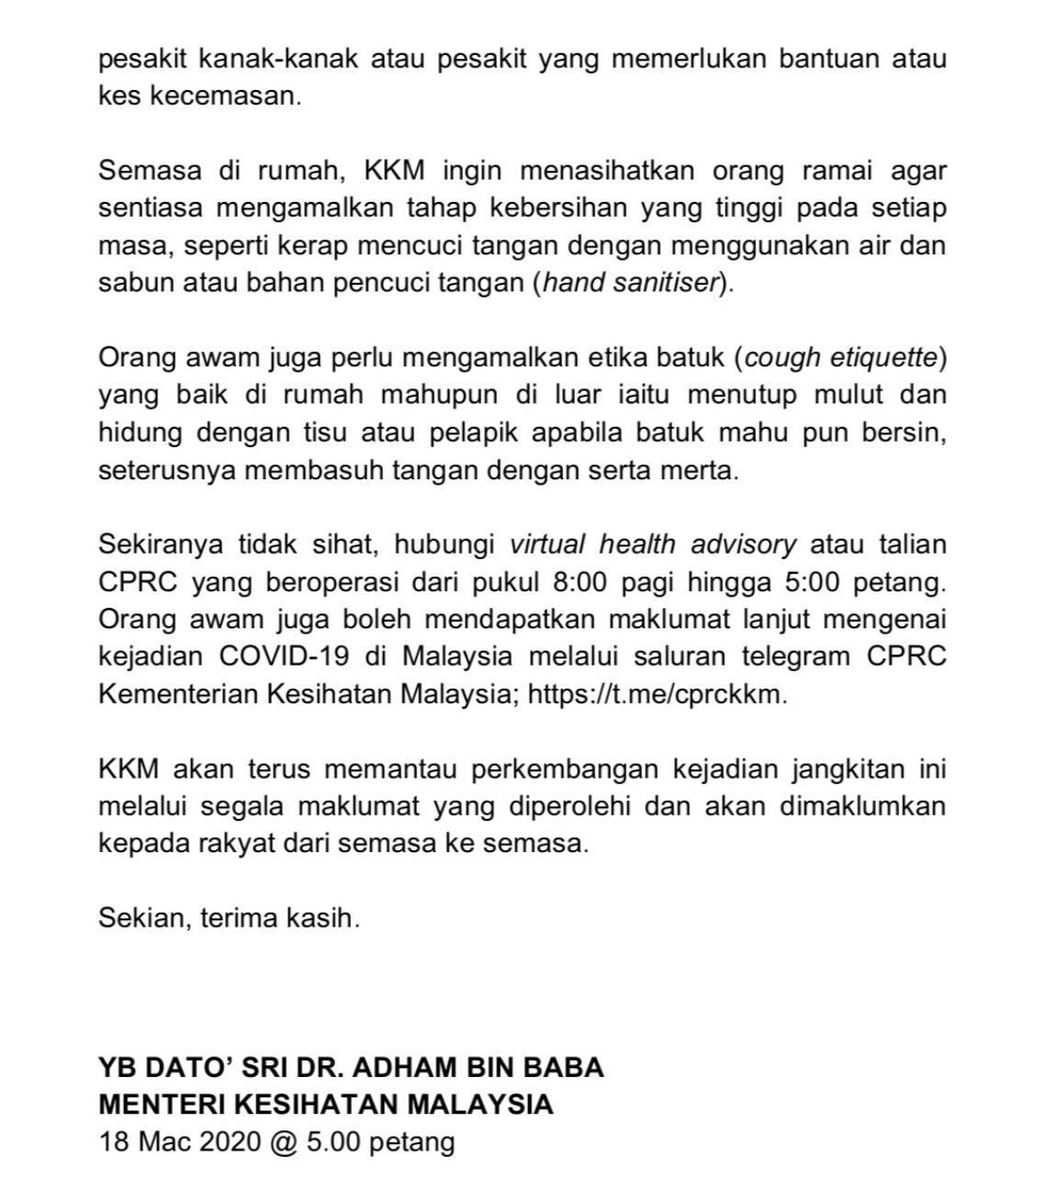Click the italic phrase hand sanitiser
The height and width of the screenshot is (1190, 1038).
[x=629, y=282]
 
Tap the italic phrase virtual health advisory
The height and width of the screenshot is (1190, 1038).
[x=653, y=544]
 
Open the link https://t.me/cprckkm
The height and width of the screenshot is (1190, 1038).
[x=657, y=693]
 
